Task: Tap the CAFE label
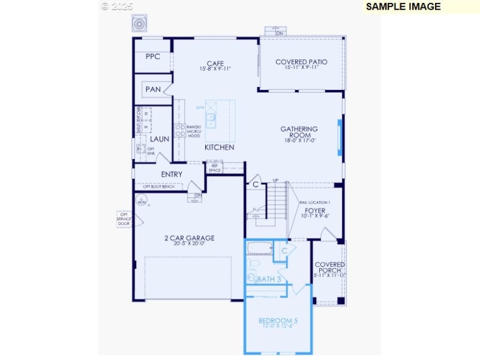click(x=215, y=63)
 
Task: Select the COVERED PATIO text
click(x=301, y=62)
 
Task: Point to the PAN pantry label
click(x=153, y=90)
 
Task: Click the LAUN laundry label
click(x=160, y=139)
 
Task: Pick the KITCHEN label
click(x=219, y=147)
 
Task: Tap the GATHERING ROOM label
click(x=299, y=133)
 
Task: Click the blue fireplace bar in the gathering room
click(x=340, y=137)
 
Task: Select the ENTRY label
click(x=172, y=175)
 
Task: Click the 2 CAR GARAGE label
click(x=189, y=238)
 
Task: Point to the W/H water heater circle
click(x=142, y=202)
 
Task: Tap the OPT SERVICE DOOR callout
click(x=124, y=218)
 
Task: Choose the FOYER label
click(x=315, y=211)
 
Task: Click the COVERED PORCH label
click(x=329, y=268)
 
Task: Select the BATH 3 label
click(x=269, y=279)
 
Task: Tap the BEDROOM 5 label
click(x=278, y=321)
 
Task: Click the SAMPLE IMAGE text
click(x=403, y=7)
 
